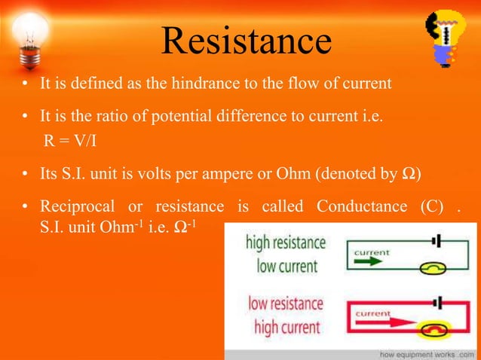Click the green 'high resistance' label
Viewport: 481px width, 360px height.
coord(286,244)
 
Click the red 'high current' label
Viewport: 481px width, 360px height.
coord(287,326)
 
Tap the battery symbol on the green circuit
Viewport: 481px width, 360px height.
coord(434,239)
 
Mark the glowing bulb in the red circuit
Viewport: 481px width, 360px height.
coord(434,330)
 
